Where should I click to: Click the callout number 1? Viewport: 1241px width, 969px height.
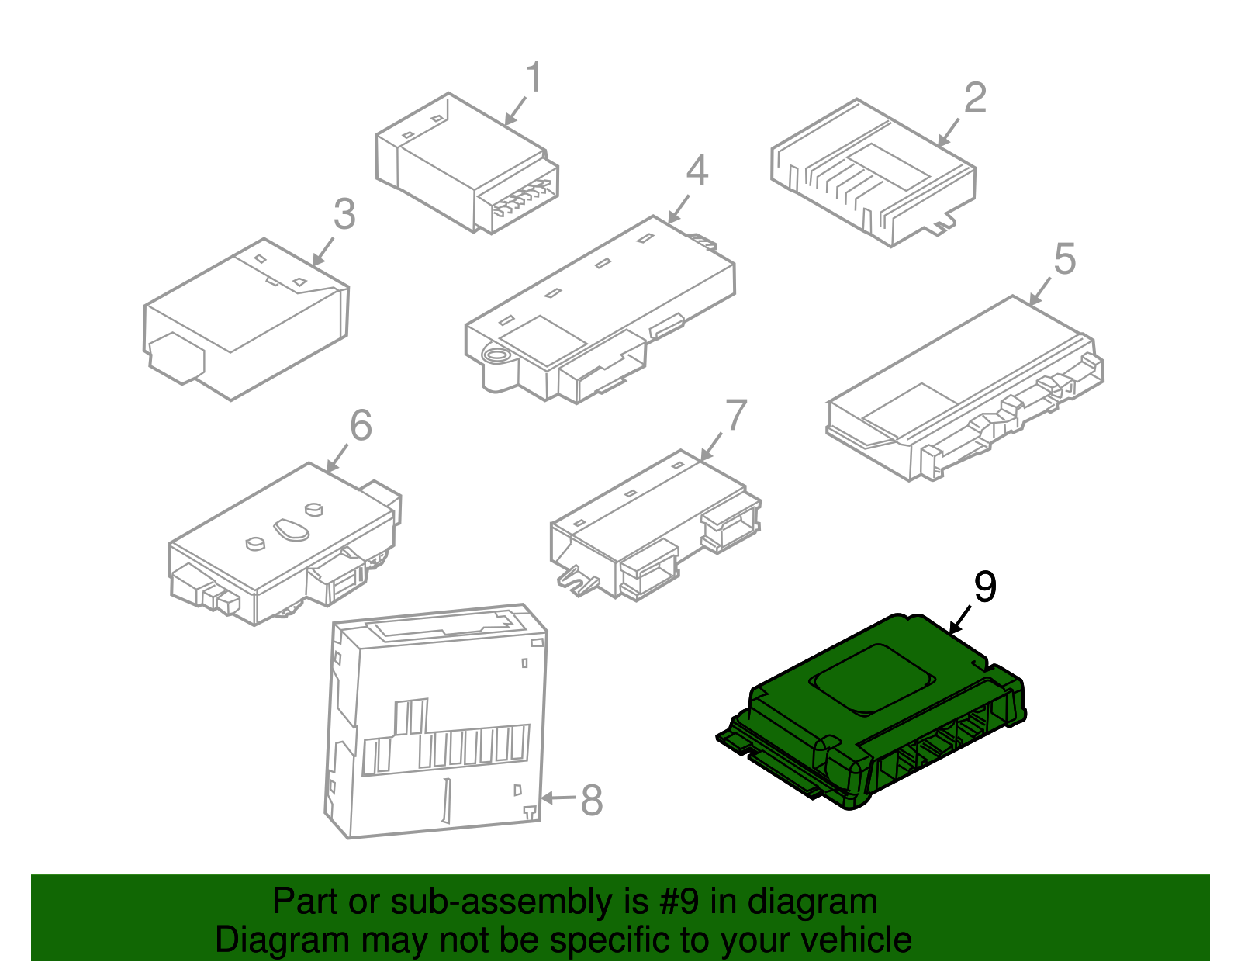click(x=534, y=77)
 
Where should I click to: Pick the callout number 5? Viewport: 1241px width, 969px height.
click(x=1064, y=258)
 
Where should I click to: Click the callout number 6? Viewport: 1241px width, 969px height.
click(x=361, y=425)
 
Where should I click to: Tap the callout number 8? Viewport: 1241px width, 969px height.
click(x=592, y=800)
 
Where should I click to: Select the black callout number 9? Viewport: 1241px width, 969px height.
click(x=985, y=587)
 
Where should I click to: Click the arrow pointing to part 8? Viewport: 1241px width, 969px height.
click(x=558, y=798)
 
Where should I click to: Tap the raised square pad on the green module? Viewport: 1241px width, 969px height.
click(x=872, y=679)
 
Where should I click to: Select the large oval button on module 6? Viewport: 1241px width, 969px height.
click(x=292, y=529)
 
